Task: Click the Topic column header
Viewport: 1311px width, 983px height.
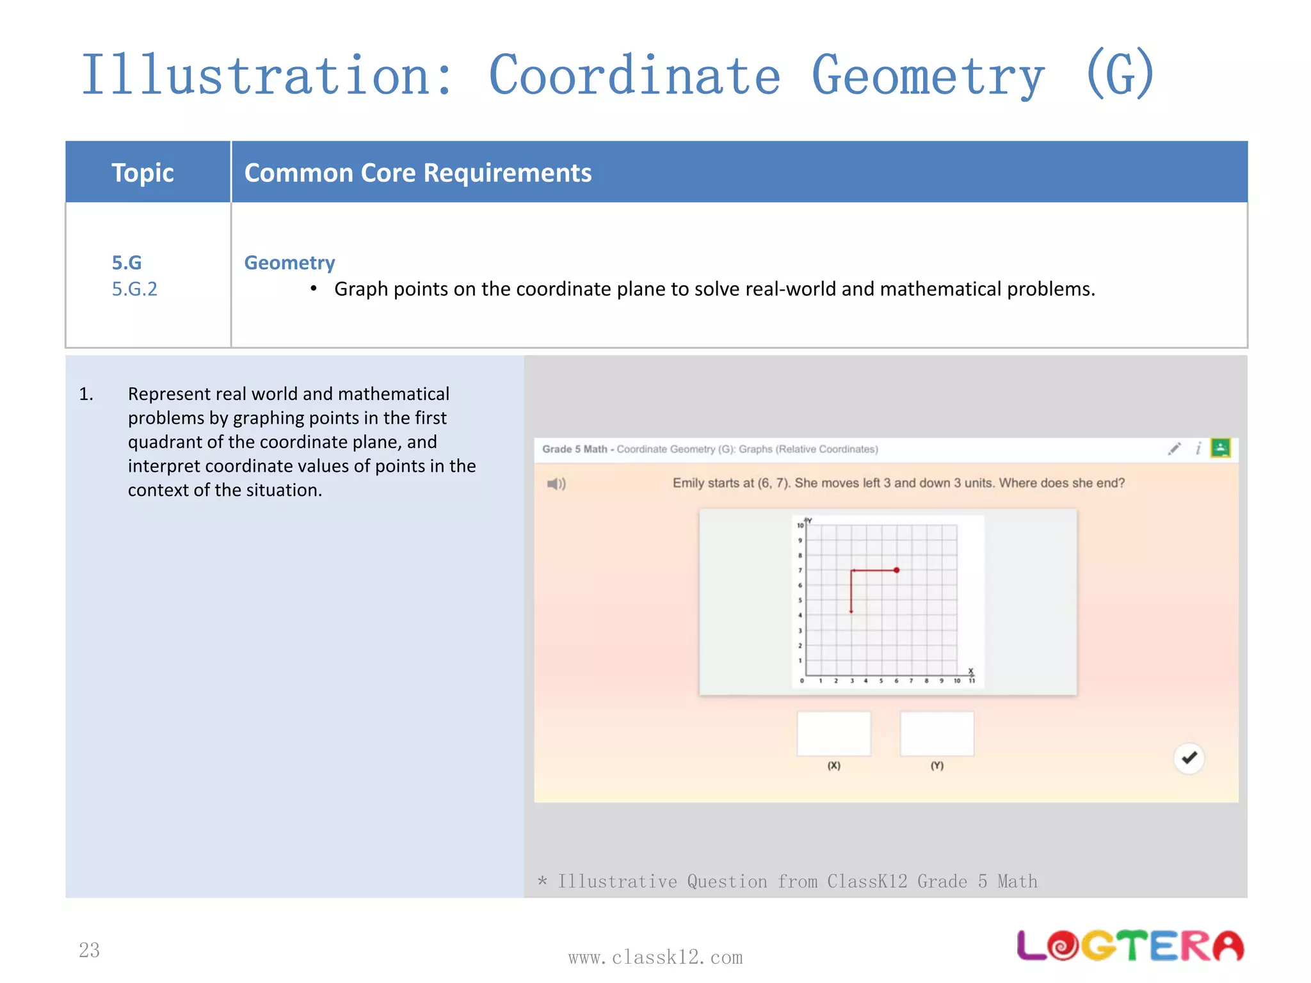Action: click(142, 173)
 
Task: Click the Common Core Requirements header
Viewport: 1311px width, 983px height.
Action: click(418, 173)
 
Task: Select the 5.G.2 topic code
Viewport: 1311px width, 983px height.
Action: click(134, 289)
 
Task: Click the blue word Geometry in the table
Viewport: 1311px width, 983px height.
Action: click(289, 262)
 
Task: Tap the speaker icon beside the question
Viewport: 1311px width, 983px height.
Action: click(556, 484)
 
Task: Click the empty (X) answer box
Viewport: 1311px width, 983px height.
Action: click(833, 733)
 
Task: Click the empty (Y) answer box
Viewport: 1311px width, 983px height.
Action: click(937, 733)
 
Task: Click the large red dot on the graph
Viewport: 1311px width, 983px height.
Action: click(896, 570)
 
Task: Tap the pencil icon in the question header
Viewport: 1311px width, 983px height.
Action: click(1174, 449)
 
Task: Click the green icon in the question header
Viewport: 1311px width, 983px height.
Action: click(1220, 448)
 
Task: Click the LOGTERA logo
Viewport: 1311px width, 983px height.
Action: click(1130, 946)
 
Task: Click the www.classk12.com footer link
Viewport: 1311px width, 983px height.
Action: click(655, 957)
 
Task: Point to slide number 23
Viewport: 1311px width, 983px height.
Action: click(89, 950)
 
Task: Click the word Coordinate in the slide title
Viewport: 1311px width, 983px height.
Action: click(634, 76)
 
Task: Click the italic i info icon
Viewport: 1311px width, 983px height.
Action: click(1198, 449)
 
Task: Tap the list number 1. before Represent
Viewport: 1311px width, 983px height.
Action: click(86, 394)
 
